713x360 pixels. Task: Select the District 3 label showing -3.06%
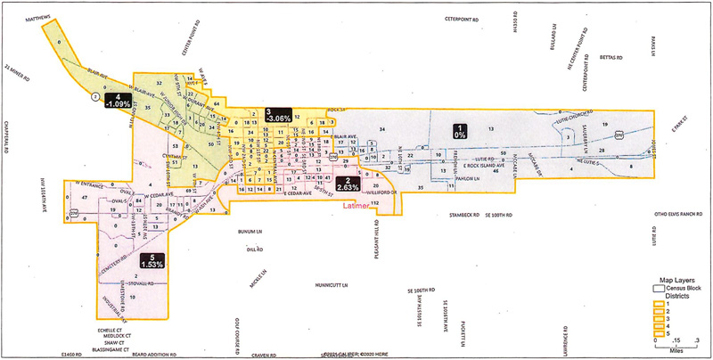(279, 115)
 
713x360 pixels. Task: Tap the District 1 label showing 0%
(460, 129)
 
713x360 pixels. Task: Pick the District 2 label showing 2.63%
(348, 184)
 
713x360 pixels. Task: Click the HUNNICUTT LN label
(334, 286)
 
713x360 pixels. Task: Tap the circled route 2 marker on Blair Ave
(95, 96)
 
